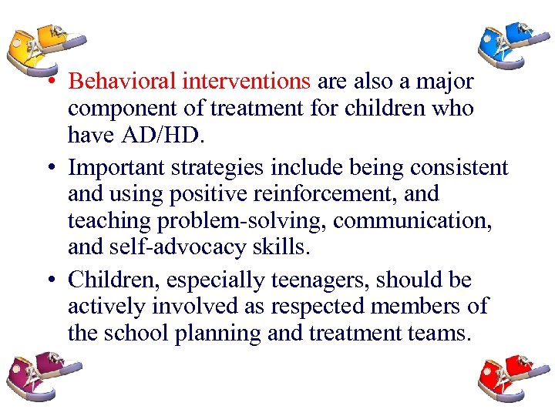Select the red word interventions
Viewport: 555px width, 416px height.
tap(246, 82)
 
